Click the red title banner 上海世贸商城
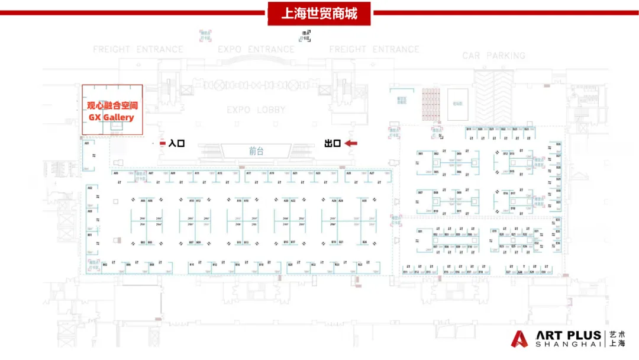click(x=319, y=12)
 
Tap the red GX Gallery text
click(x=111, y=117)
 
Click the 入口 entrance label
click(x=176, y=143)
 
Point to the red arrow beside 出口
click(x=351, y=143)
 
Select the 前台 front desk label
click(x=256, y=151)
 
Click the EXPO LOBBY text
click(x=256, y=110)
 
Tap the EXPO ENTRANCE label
click(x=256, y=49)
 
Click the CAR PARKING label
click(x=493, y=56)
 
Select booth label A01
click(x=87, y=143)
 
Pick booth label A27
click(x=372, y=173)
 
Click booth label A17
click(x=249, y=173)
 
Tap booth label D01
click(x=421, y=153)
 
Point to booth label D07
click(x=421, y=193)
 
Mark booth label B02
click(x=105, y=265)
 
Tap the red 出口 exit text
click(x=332, y=143)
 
